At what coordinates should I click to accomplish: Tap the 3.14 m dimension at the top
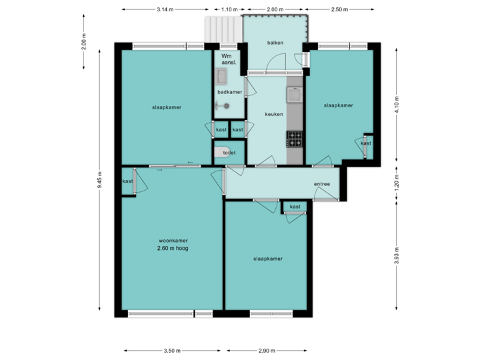pyautogui.click(x=165, y=10)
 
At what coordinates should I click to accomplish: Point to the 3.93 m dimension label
pyautogui.click(x=397, y=257)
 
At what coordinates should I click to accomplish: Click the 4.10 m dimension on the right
pyautogui.click(x=397, y=106)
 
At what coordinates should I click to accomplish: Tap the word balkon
pyautogui.click(x=275, y=43)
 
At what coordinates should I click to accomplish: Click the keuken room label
pyautogui.click(x=274, y=114)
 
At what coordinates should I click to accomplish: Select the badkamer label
pyautogui.click(x=229, y=92)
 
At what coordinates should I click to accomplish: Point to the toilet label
pyautogui.click(x=229, y=153)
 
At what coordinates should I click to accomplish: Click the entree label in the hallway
pyautogui.click(x=322, y=184)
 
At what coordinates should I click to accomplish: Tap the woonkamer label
pyautogui.click(x=173, y=241)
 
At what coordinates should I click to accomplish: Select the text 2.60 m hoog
pyautogui.click(x=173, y=249)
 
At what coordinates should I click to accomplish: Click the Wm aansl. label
pyautogui.click(x=228, y=60)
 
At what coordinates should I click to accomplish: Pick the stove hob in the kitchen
pyautogui.click(x=294, y=138)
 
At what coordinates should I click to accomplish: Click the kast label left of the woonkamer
pyautogui.click(x=127, y=181)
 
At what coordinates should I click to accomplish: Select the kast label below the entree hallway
pyautogui.click(x=295, y=207)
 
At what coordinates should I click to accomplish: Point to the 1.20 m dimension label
pyautogui.click(x=397, y=184)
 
